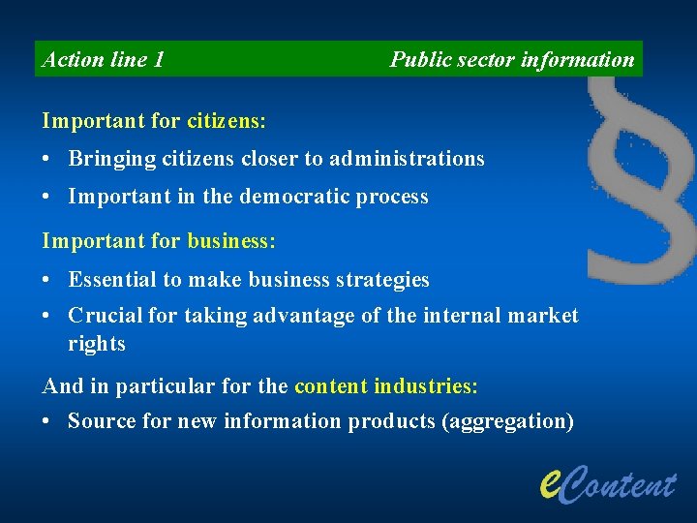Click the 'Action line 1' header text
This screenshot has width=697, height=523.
click(x=104, y=60)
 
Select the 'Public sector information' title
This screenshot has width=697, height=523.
click(x=511, y=60)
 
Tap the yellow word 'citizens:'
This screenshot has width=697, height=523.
click(x=227, y=122)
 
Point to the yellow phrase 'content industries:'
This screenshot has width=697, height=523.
click(x=385, y=386)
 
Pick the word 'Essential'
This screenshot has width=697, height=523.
click(x=111, y=280)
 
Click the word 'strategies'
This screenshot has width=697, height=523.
click(x=381, y=280)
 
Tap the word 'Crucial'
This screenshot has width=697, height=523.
click(x=106, y=316)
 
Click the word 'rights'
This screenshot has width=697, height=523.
click(x=97, y=344)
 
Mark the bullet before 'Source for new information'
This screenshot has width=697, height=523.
click(x=47, y=422)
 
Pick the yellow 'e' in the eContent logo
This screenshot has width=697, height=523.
click(x=550, y=477)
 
